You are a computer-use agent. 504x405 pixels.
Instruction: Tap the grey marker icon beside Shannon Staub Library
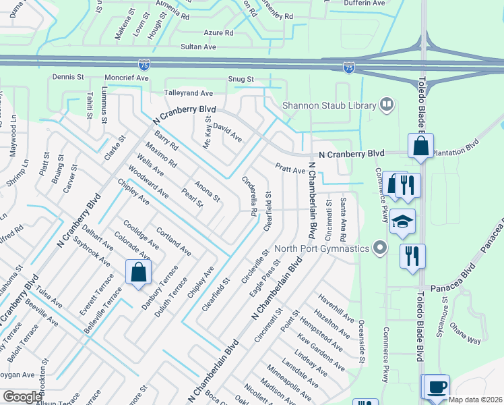coord(387,104)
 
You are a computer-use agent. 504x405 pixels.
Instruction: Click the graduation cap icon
coord(402,222)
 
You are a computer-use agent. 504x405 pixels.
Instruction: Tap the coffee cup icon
coord(437,387)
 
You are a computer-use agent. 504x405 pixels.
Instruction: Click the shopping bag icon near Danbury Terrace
coord(138,273)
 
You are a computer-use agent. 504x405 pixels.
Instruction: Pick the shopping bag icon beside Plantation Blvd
coord(420,146)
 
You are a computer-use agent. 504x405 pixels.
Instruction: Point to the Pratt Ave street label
coord(290,168)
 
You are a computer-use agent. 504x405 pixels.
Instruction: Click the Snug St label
coord(241,80)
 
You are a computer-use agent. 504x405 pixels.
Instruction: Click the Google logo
coord(22,397)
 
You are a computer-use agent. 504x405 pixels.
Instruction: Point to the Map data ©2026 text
coord(475,400)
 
